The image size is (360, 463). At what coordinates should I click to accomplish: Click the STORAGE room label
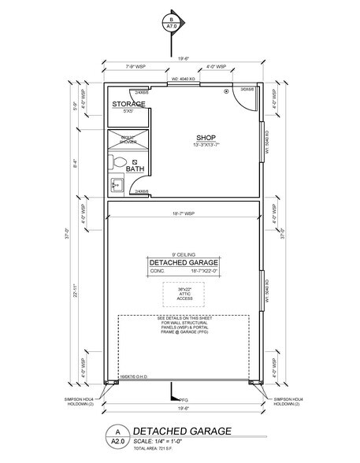click(x=128, y=104)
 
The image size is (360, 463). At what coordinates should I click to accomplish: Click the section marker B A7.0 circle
click(x=169, y=22)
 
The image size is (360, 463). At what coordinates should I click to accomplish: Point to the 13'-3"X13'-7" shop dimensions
click(x=206, y=145)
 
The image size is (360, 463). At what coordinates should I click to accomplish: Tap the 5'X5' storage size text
click(x=127, y=112)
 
